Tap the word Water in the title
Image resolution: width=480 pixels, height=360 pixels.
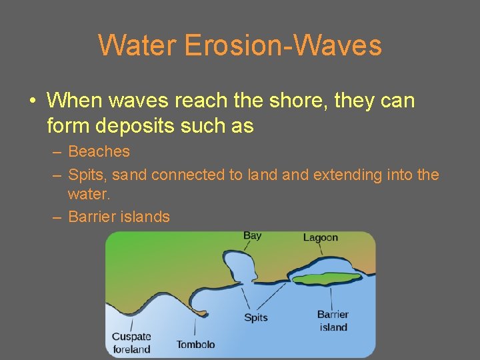pyautogui.click(x=137, y=45)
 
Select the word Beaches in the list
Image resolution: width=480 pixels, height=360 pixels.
pyautogui.click(x=99, y=152)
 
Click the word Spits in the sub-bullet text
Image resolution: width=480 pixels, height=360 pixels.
pyautogui.click(x=88, y=175)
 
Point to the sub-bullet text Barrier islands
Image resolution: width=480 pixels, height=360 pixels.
pyautogui.click(x=119, y=217)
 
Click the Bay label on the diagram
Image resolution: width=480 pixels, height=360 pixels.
pyautogui.click(x=252, y=235)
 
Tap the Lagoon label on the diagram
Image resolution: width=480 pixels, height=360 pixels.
pyautogui.click(x=320, y=237)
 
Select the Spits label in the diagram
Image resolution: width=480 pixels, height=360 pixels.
pyautogui.click(x=255, y=317)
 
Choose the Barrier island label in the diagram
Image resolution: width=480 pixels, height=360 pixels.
pyautogui.click(x=333, y=321)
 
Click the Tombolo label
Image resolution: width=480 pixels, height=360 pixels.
pyautogui.click(x=195, y=345)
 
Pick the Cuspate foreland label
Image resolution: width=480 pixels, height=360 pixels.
pyautogui.click(x=131, y=343)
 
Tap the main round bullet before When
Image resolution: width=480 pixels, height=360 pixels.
pyautogui.click(x=33, y=101)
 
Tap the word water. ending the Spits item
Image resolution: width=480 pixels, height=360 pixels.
pyautogui.click(x=89, y=194)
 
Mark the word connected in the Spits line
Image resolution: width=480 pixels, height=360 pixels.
pyautogui.click(x=189, y=175)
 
